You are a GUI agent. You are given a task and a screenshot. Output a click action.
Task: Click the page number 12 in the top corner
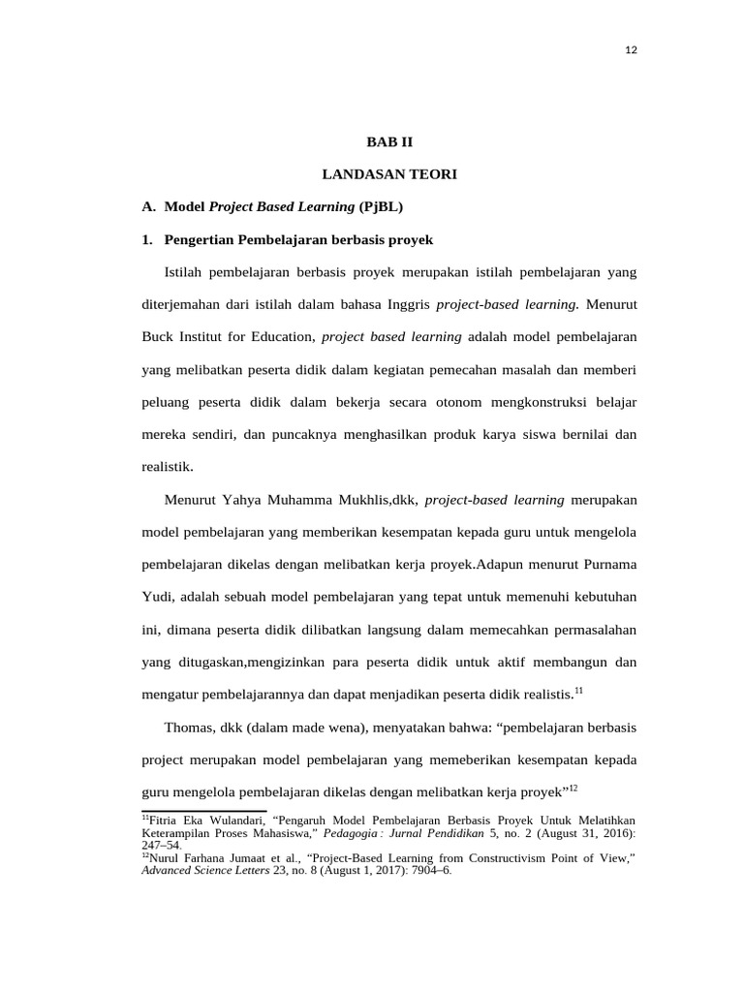point(631,50)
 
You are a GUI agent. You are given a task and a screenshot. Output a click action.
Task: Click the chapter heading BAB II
point(388,141)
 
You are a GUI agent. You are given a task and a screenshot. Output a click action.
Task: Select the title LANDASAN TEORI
point(388,174)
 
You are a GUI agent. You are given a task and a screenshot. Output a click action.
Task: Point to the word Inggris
point(405,305)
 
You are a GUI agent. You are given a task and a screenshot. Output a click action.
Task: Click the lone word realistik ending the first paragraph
point(168,467)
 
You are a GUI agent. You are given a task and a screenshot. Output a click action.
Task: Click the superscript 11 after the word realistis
point(578,691)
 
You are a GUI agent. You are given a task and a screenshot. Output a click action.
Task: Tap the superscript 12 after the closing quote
point(573,788)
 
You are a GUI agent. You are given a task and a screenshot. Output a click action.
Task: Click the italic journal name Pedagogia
point(350,832)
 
